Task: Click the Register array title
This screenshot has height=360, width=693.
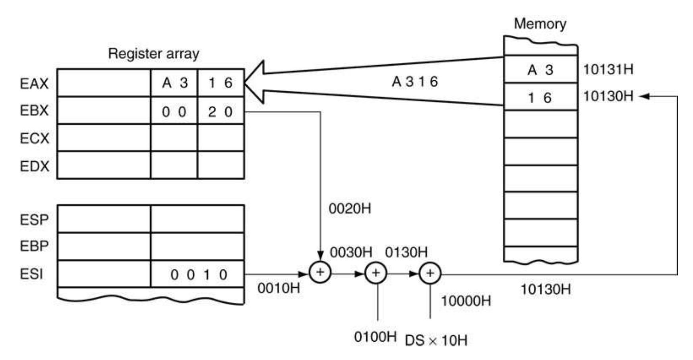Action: [153, 54]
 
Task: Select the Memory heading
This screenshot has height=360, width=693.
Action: [540, 23]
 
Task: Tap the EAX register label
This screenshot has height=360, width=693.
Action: [34, 83]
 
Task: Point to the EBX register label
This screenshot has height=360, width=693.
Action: [34, 110]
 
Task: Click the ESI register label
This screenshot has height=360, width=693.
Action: [31, 274]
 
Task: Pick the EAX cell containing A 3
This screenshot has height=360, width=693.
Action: [174, 83]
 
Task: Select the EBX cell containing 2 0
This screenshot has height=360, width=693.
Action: [220, 112]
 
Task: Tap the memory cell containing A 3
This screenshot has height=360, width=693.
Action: [540, 70]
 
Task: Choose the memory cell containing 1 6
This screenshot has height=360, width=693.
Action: [540, 97]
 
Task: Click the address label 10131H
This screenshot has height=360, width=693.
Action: [608, 70]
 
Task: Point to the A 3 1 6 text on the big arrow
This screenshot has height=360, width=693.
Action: [415, 81]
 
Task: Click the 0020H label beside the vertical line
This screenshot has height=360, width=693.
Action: [350, 208]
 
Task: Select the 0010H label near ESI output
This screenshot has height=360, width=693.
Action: [279, 288]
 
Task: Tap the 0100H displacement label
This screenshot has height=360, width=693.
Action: [375, 337]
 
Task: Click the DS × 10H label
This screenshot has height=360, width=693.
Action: [436, 341]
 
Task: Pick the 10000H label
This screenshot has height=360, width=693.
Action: [466, 301]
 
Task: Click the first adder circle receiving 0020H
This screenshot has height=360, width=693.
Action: [320, 273]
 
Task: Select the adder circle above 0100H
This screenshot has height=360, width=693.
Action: [376, 273]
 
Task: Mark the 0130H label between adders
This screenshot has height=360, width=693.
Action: [406, 252]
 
